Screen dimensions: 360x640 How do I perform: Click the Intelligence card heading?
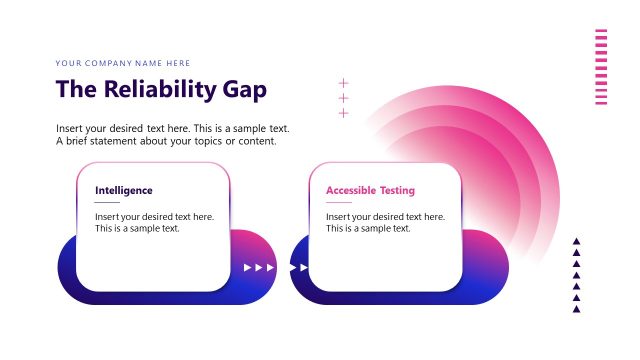[124, 190]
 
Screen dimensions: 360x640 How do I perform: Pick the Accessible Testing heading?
[370, 190]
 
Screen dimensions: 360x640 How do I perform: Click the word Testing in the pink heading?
[396, 190]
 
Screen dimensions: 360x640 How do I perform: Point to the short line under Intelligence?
[107, 203]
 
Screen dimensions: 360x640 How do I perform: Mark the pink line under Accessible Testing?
[338, 203]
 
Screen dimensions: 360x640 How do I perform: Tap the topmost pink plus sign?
[344, 83]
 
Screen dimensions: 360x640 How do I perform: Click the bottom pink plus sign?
[344, 113]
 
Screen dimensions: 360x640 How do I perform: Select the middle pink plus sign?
[344, 98]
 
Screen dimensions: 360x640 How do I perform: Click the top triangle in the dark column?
[576, 241]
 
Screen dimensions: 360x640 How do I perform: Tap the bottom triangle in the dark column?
[576, 309]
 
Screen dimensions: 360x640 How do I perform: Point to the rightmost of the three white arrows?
[270, 268]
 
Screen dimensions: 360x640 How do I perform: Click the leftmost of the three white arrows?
[248, 268]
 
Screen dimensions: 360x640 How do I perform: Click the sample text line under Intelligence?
[137, 229]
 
